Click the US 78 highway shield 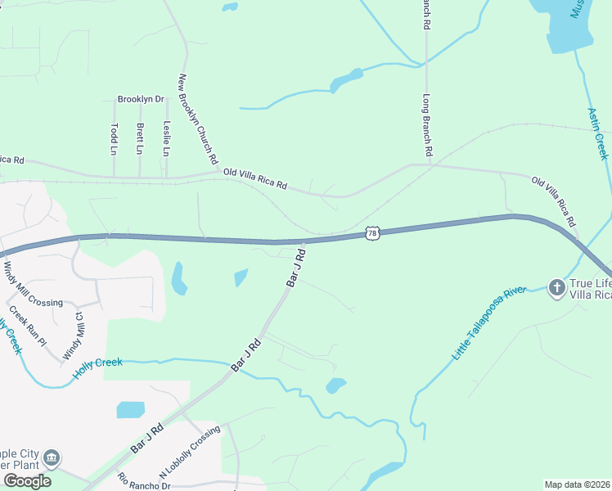pyautogui.click(x=372, y=234)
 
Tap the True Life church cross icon pyautogui.click(x=556, y=286)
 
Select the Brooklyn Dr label pyautogui.click(x=141, y=99)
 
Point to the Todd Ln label pyautogui.click(x=114, y=138)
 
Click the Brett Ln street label pyautogui.click(x=140, y=138)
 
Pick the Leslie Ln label pyautogui.click(x=166, y=138)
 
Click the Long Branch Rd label pyautogui.click(x=426, y=125)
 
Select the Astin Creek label pyautogui.click(x=598, y=133)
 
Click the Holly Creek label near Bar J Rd pyautogui.click(x=97, y=363)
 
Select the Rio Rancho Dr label pyautogui.click(x=143, y=481)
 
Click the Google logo pyautogui.click(x=27, y=480)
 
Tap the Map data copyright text pyautogui.click(x=578, y=484)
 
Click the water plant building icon pyautogui.click(x=52, y=456)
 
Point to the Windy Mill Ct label pyautogui.click(x=74, y=336)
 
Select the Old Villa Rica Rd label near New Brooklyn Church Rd pyautogui.click(x=255, y=179)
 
